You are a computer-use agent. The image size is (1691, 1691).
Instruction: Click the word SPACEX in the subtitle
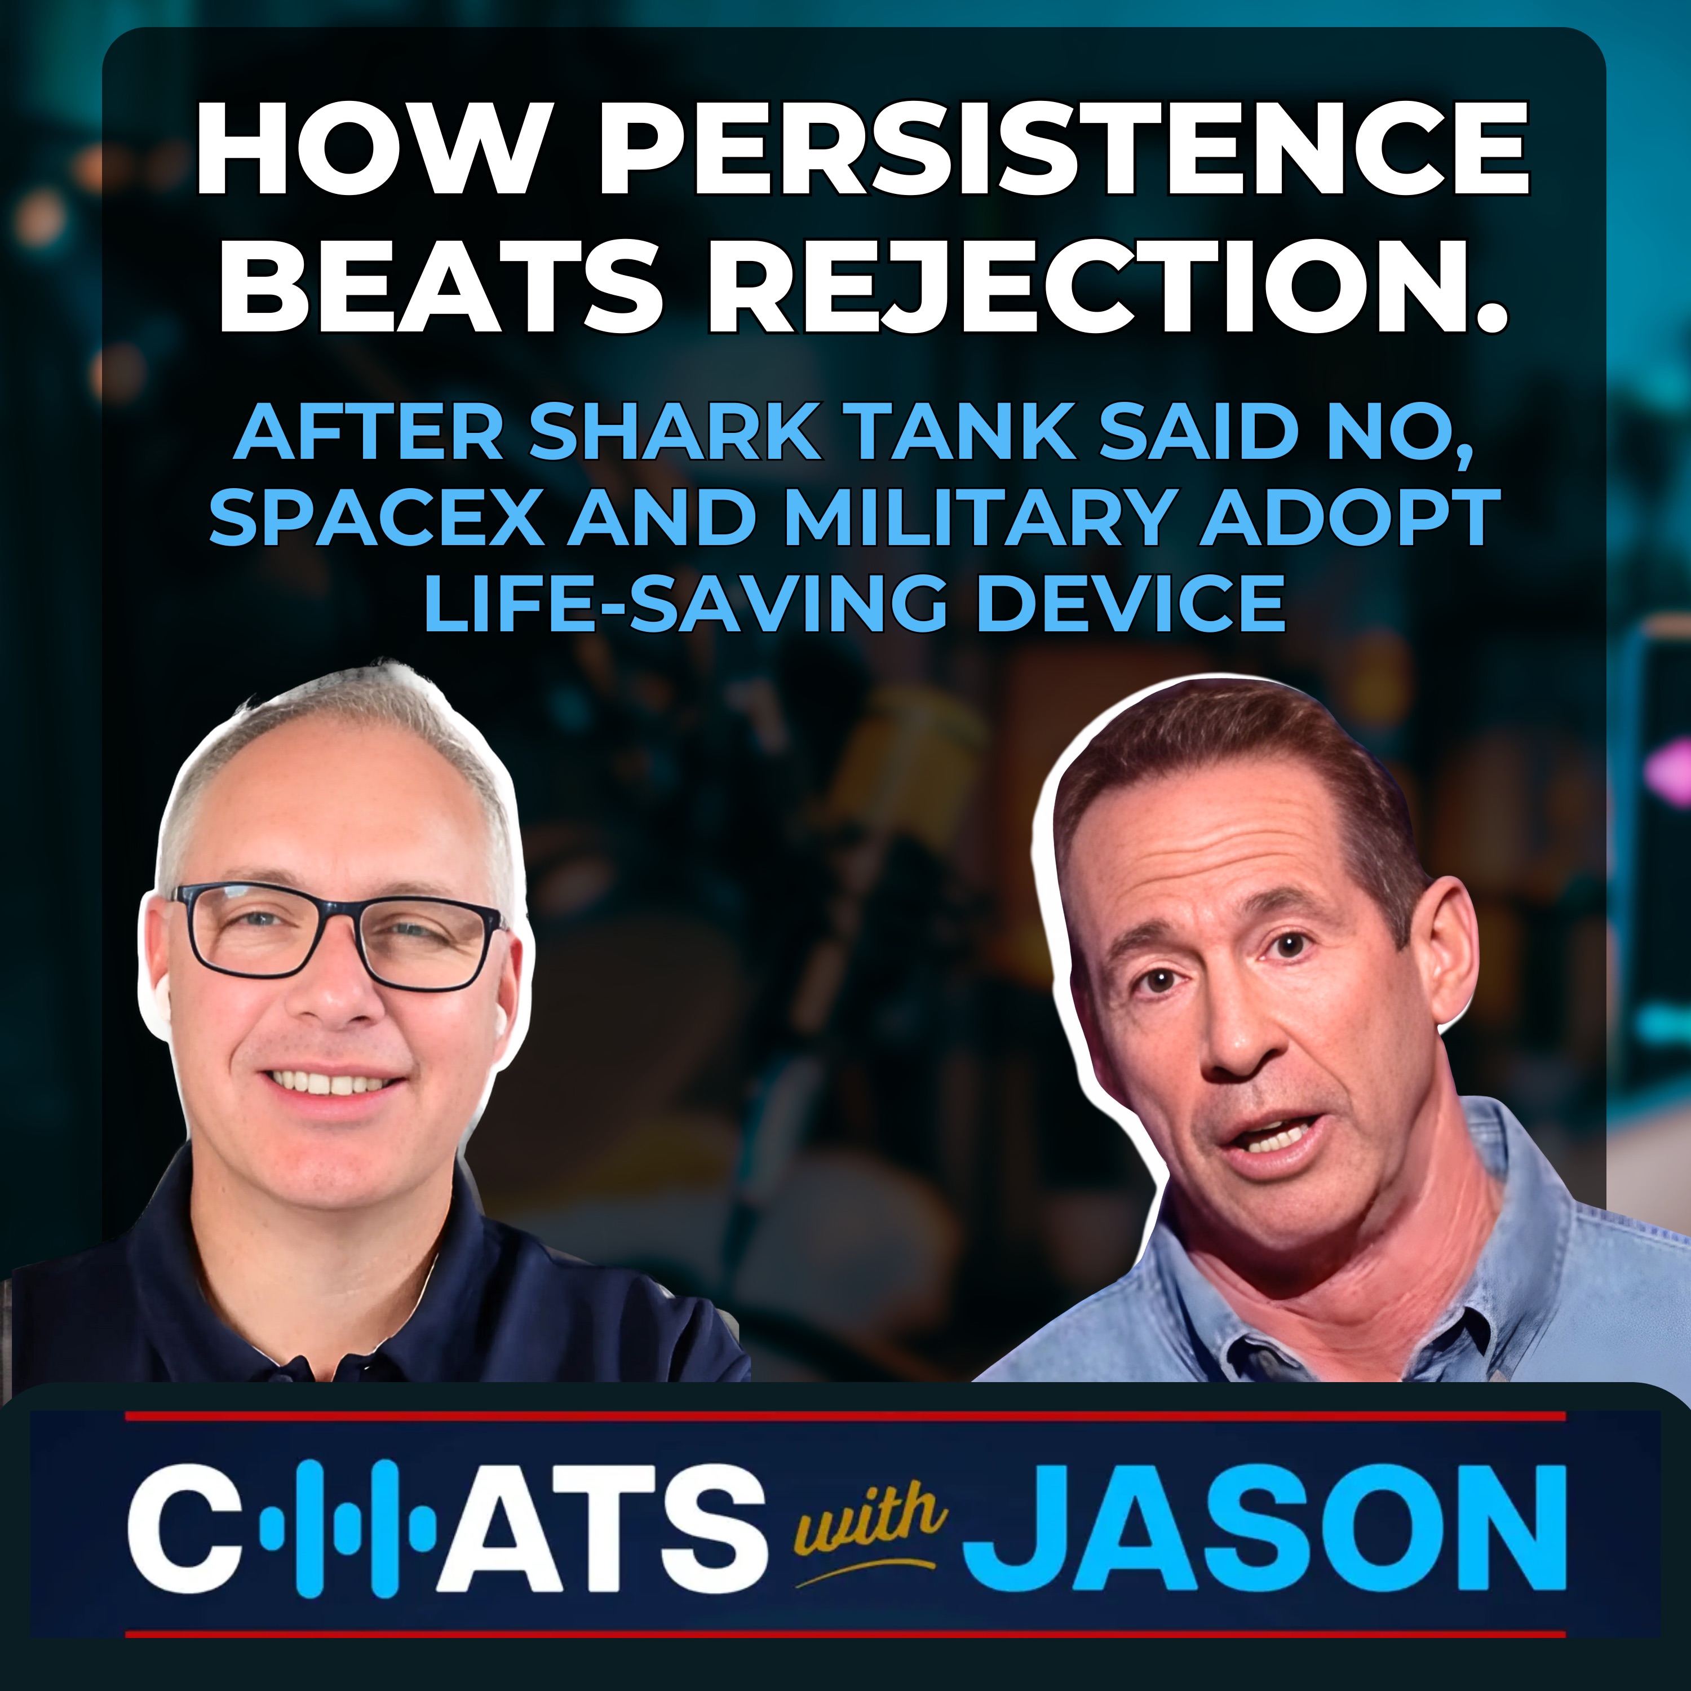(x=377, y=517)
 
